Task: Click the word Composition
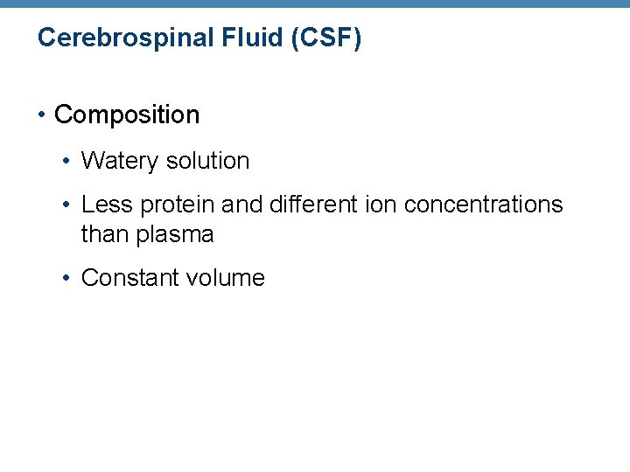[x=127, y=115]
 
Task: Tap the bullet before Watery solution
[x=67, y=162]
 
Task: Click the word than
[x=103, y=234]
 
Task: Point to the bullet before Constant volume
[x=67, y=279]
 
